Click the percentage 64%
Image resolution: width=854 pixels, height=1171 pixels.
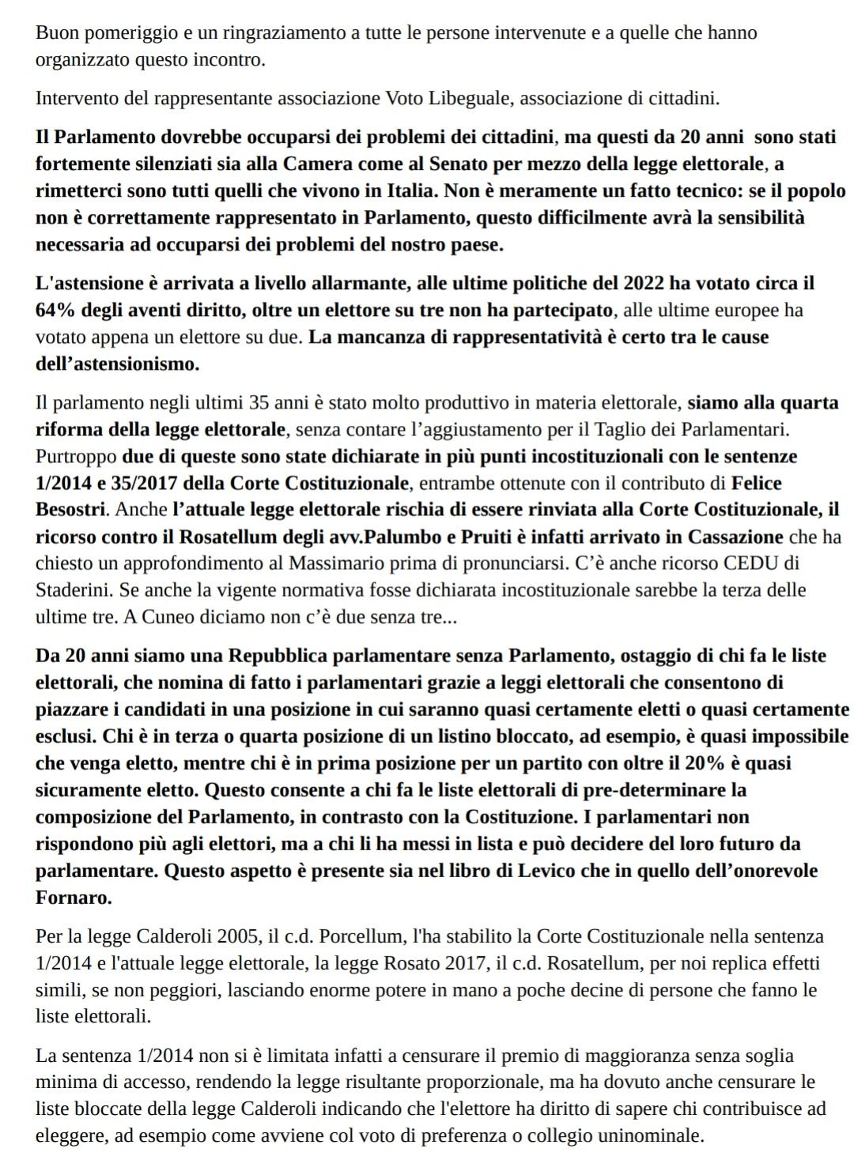[54, 310]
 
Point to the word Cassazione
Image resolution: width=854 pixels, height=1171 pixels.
[735, 537]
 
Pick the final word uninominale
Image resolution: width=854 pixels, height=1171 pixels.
[644, 1136]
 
